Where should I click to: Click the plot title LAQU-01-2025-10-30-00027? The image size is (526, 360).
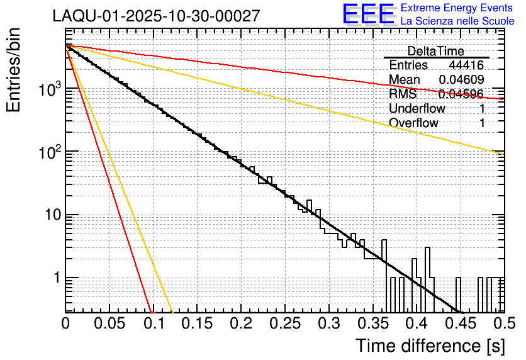[156, 16]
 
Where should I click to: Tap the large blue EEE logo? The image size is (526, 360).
[367, 14]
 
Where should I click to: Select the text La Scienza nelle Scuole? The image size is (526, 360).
[457, 21]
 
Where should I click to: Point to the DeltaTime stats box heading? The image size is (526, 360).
[436, 51]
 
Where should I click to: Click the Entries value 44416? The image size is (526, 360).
[466, 65]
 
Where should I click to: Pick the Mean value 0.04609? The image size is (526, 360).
[461, 79]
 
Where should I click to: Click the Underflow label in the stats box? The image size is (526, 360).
[417, 108]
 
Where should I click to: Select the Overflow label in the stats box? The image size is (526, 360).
[413, 123]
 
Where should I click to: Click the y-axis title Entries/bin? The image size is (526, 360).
[17, 70]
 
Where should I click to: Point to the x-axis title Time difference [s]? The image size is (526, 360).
[430, 346]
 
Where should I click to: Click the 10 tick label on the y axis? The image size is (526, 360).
[51, 215]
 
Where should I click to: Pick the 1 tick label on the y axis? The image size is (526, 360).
[55, 278]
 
